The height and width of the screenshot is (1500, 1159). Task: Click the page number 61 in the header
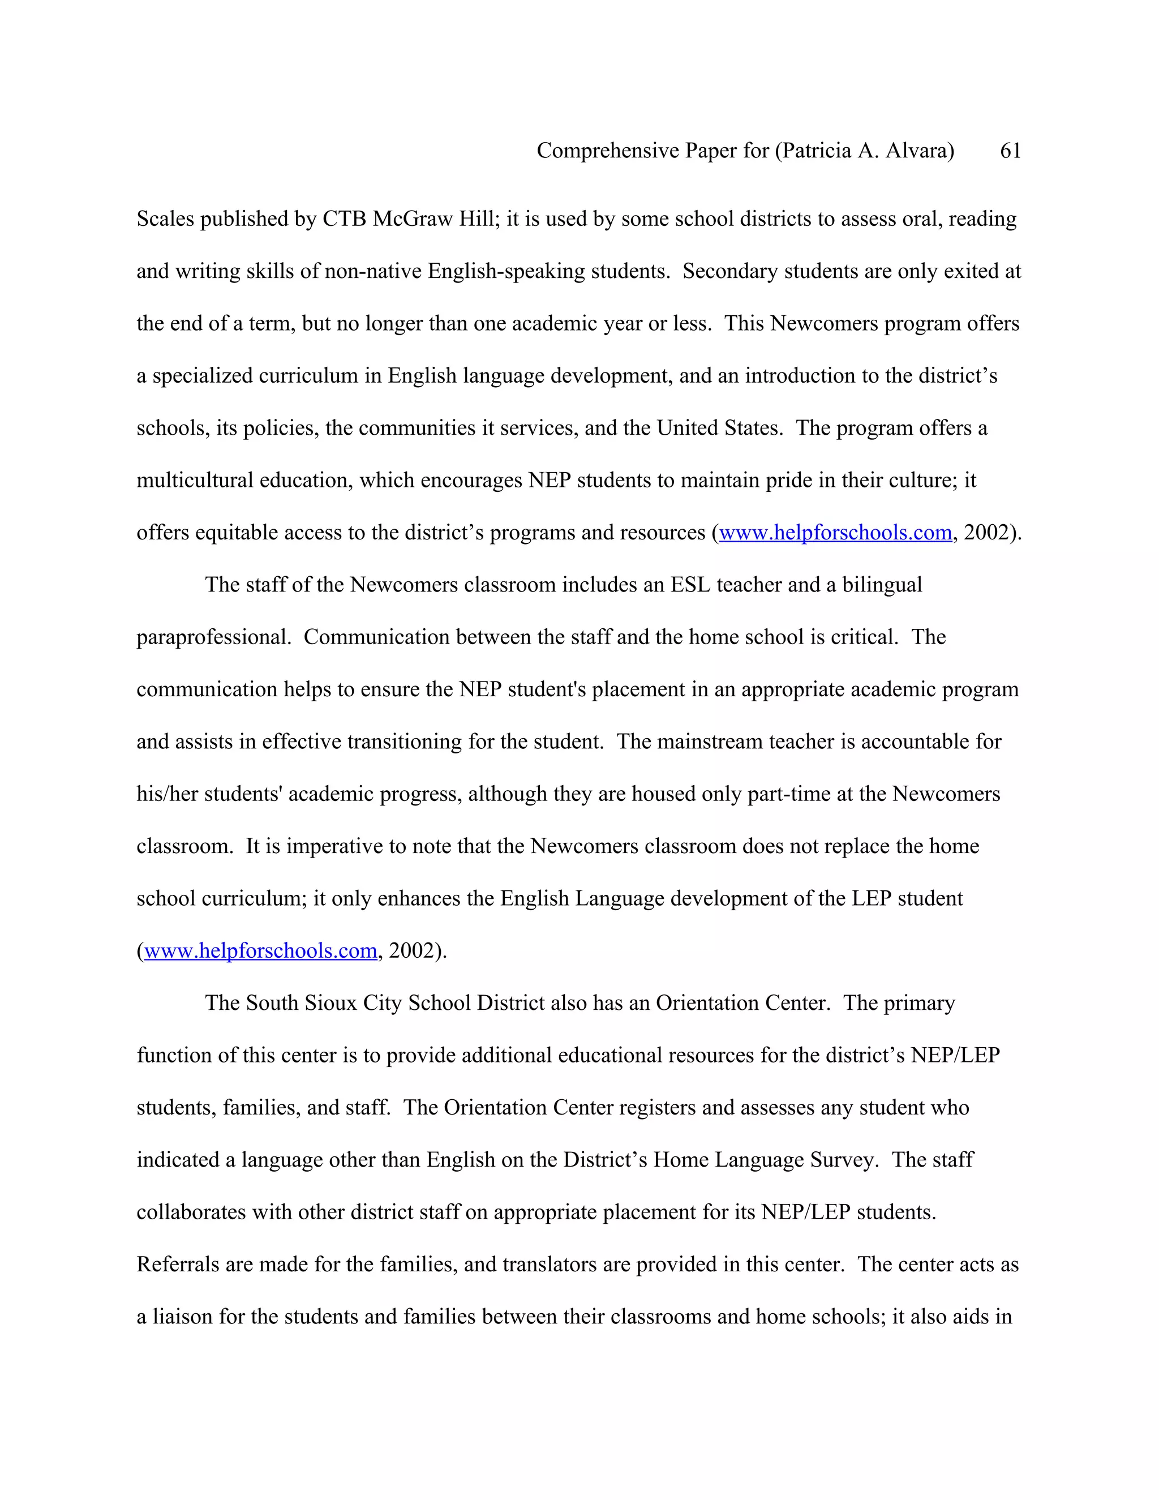pyautogui.click(x=1010, y=151)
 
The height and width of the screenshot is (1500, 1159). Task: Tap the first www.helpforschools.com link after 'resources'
pyautogui.click(x=835, y=532)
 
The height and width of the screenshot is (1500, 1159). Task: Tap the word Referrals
pyautogui.click(x=177, y=1265)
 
